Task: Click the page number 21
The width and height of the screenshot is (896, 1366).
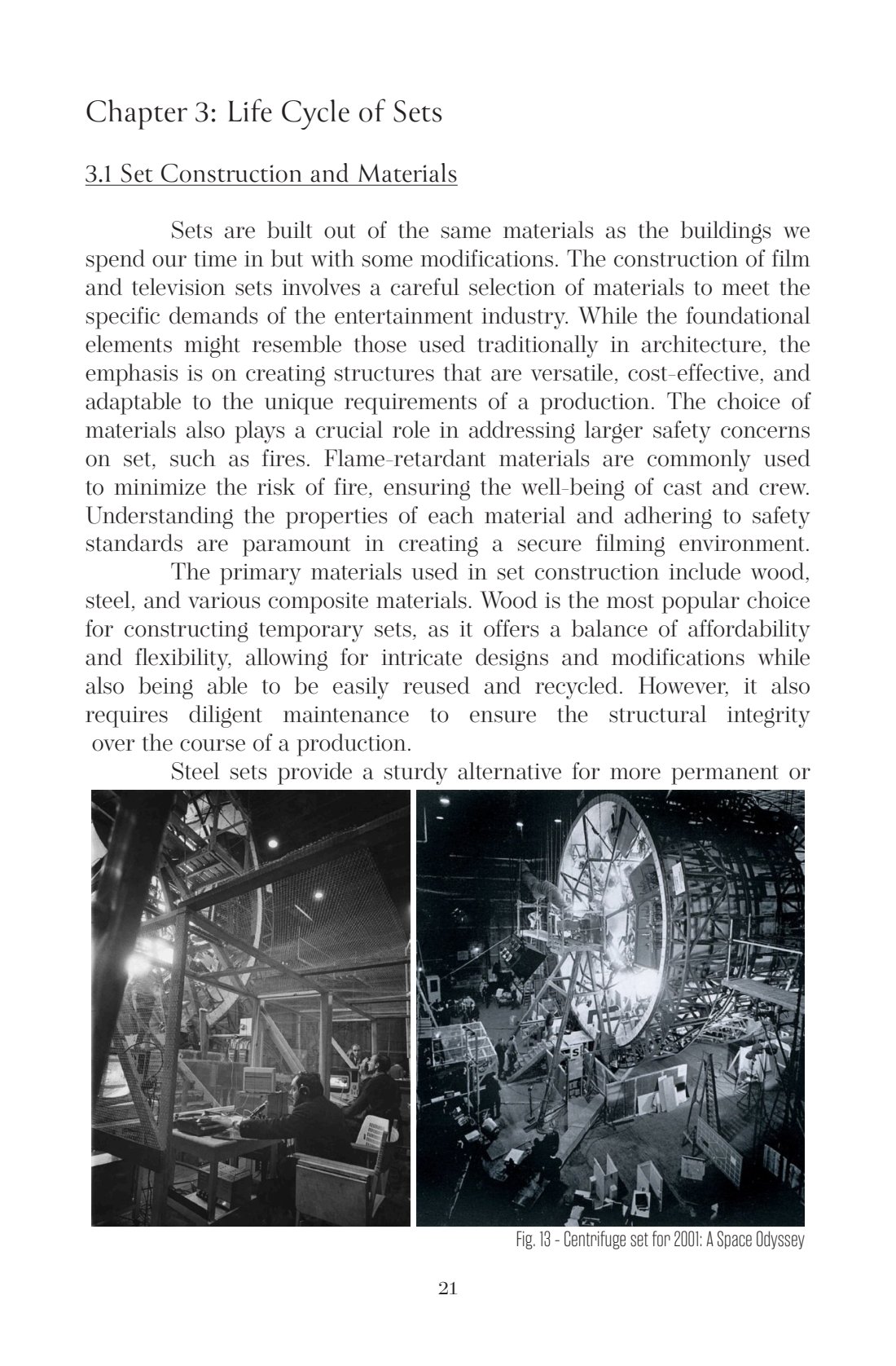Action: pyautogui.click(x=447, y=1289)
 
